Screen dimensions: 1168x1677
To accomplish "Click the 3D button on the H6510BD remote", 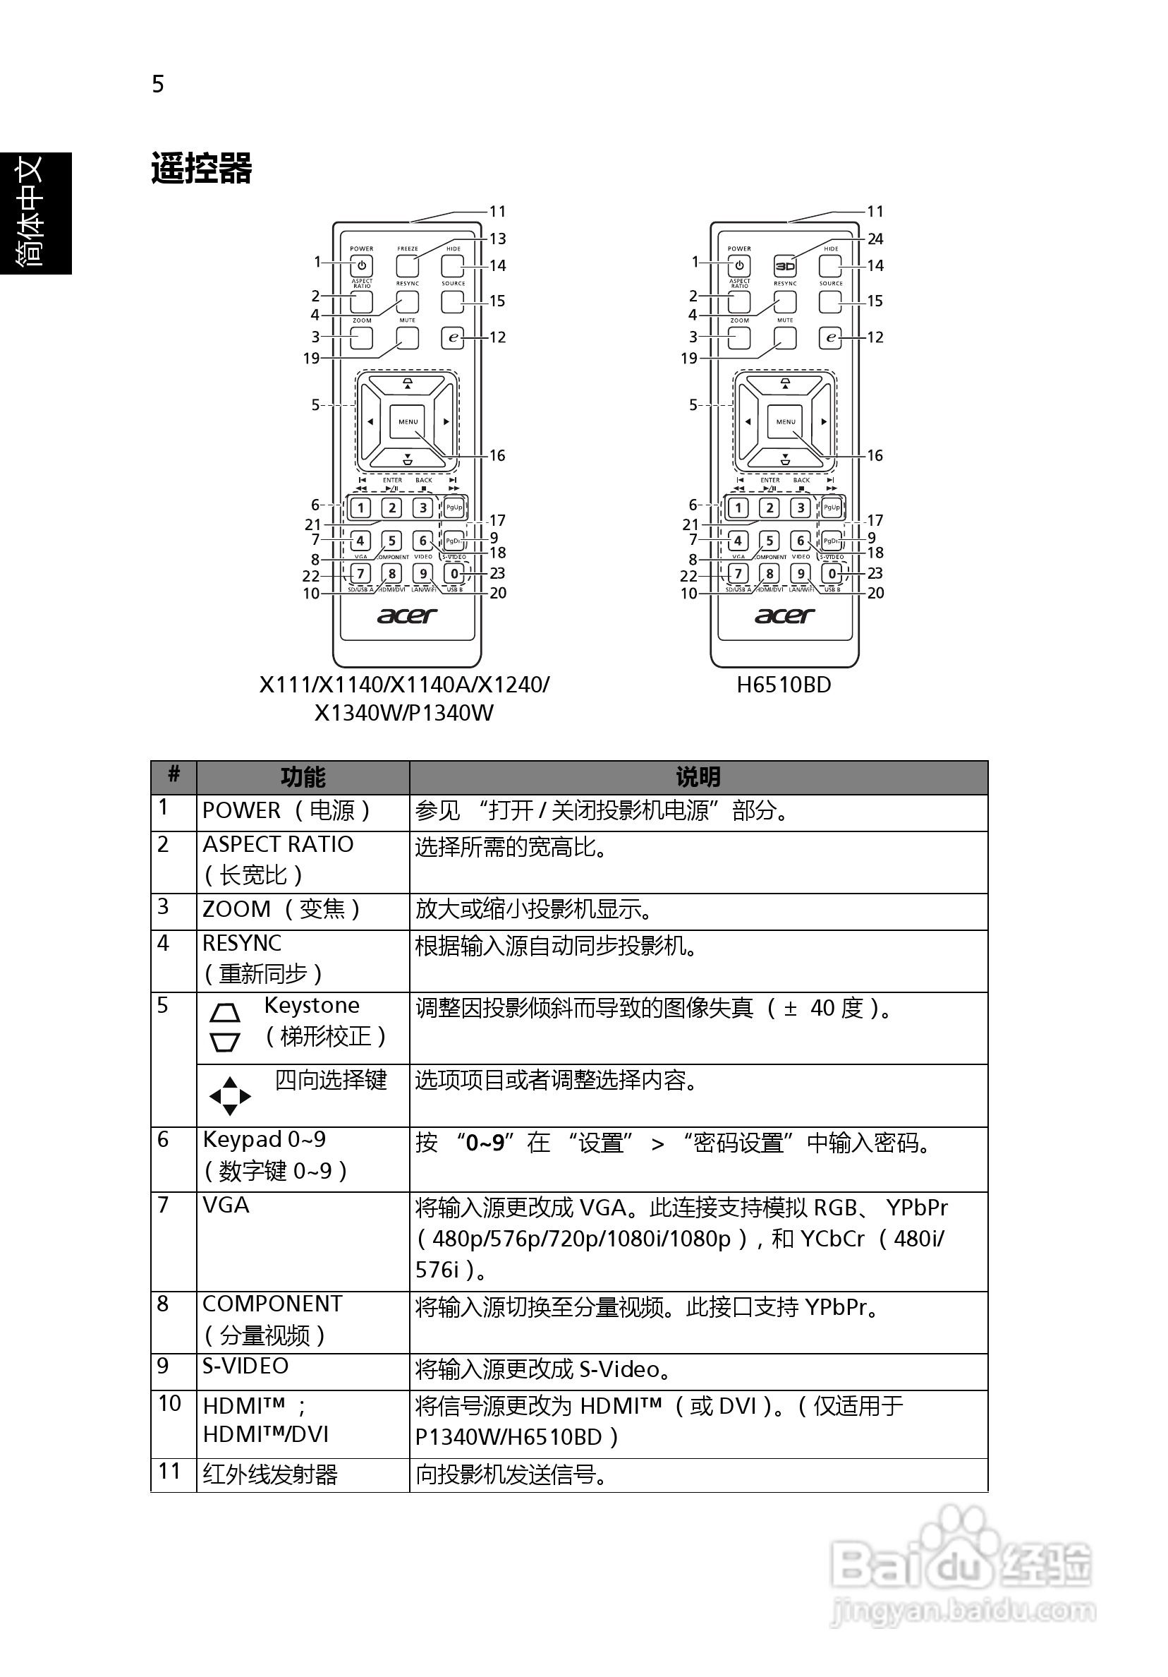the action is pos(784,266).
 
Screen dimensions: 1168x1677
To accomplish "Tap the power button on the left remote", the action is pos(361,266).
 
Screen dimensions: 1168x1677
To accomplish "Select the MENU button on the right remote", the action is pos(786,421).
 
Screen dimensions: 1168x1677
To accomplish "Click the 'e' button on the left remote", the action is pos(454,337).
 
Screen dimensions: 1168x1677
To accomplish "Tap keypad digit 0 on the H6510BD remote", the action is pos(832,574).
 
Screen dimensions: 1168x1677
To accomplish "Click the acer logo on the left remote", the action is pos(406,615).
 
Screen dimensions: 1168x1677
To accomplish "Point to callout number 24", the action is pos(875,239).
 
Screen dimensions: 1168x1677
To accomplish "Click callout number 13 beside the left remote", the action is pos(498,239).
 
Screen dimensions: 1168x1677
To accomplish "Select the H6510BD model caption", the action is pos(784,685).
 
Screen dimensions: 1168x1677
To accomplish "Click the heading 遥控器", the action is pos(202,169).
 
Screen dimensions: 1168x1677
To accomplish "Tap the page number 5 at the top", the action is pos(158,85).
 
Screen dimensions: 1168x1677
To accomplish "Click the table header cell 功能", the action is pos(302,777).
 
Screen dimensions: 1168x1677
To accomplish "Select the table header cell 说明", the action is pos(698,777).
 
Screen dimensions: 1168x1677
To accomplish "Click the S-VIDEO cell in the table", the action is pos(245,1366).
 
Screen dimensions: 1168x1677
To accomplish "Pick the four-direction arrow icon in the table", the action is pos(229,1095).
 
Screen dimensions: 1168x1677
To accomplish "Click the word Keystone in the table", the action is pos(312,1006).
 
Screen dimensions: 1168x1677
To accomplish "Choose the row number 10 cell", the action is pos(169,1403).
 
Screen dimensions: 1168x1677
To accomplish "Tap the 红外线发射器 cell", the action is pos(270,1474).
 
